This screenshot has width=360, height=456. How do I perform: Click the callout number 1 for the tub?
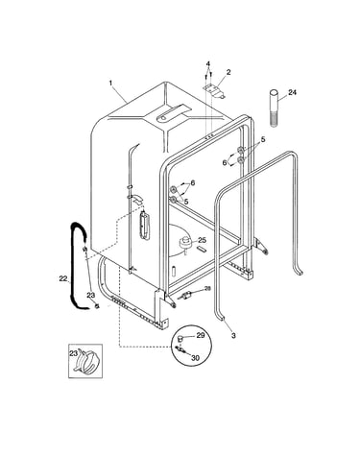pyautogui.click(x=110, y=83)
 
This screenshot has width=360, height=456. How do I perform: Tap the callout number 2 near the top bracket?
pyautogui.click(x=228, y=72)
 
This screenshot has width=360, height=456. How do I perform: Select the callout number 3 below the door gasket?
pyautogui.click(x=233, y=336)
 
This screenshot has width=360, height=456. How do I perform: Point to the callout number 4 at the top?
pyautogui.click(x=208, y=63)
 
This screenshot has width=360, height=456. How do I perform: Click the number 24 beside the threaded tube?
pyautogui.click(x=292, y=92)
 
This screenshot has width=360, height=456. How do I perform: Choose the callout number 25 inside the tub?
pyautogui.click(x=202, y=240)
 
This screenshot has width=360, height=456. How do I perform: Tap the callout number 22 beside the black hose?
pyautogui.click(x=63, y=278)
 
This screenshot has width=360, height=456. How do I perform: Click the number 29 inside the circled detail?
pyautogui.click(x=200, y=336)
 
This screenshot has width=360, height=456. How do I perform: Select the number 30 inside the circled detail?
pyautogui.click(x=195, y=358)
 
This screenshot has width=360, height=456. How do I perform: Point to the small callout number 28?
pyautogui.click(x=207, y=289)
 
